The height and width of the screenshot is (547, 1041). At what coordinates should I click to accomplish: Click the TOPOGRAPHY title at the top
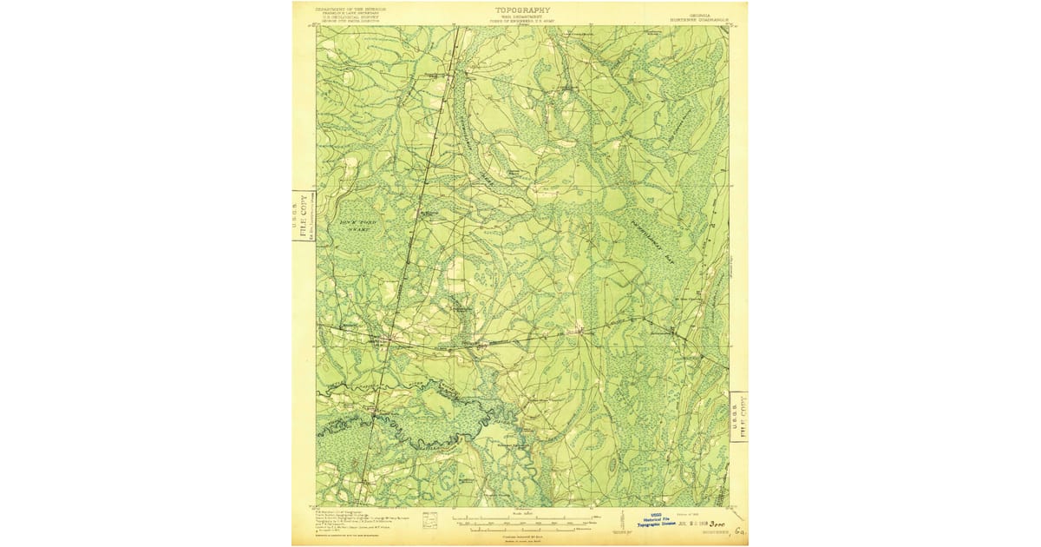522,10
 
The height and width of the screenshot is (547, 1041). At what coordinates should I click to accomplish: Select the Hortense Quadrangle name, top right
697,19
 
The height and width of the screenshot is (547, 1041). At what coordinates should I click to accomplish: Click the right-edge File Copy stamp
738,415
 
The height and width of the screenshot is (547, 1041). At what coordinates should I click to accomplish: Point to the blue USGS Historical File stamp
655,521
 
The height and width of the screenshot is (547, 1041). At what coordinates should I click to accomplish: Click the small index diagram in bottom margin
429,519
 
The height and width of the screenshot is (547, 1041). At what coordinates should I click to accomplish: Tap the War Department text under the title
522,16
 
